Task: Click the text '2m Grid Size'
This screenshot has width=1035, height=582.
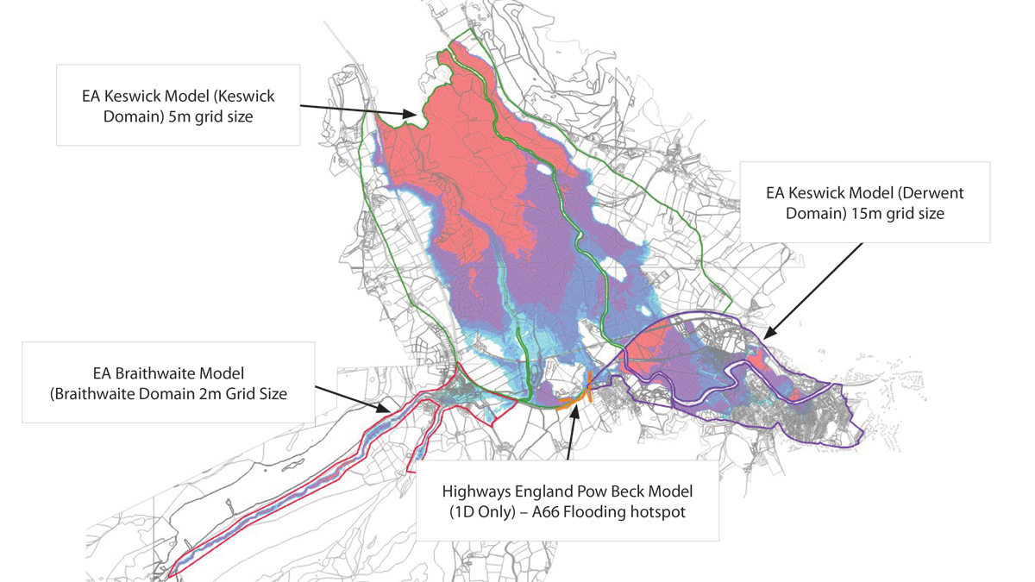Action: [247, 394]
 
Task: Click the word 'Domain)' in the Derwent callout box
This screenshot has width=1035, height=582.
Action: [812, 213]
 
